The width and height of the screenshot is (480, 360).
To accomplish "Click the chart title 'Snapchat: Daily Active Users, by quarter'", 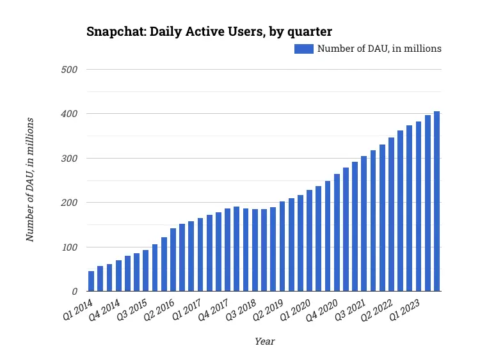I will [209, 31].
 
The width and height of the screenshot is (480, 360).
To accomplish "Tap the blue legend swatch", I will [303, 49].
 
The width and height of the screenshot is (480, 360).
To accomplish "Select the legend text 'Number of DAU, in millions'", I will [380, 49].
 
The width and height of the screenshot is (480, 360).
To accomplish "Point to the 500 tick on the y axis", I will [69, 69].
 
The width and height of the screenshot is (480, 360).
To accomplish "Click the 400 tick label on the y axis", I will [69, 114].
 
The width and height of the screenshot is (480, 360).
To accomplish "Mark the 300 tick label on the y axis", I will [69, 158].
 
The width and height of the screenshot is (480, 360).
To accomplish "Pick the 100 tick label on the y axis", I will [69, 247].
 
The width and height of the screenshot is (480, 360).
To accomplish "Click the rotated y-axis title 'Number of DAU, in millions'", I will [29, 180].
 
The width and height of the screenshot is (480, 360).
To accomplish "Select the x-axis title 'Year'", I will [264, 341].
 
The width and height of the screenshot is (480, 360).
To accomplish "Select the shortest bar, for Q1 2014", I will [92, 281].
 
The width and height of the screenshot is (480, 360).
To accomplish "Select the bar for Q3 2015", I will [146, 272].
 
